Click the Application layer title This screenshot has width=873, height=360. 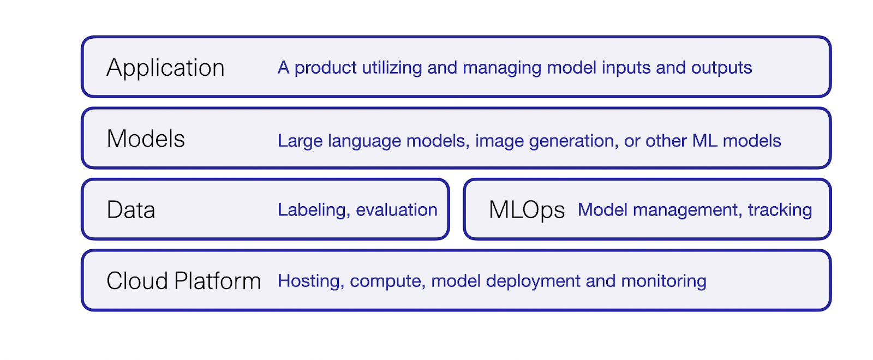[165, 68]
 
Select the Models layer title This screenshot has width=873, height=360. [146, 139]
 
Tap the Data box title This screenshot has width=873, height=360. [131, 210]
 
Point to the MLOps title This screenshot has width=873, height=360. [527, 210]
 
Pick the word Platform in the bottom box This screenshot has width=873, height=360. [217, 281]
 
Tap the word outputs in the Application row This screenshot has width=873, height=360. [721, 68]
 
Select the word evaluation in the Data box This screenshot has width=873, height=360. [397, 210]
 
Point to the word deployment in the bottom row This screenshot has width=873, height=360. [533, 281]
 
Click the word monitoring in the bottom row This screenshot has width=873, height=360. [663, 281]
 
